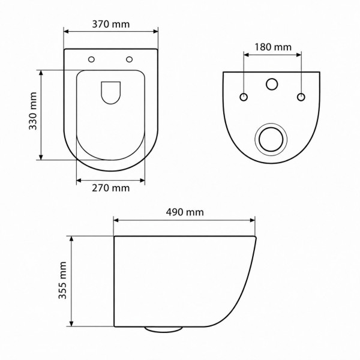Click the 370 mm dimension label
[111, 25]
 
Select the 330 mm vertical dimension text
[33, 111]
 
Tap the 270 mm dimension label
[111, 188]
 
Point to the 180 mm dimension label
[273, 47]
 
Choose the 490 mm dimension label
[185, 212]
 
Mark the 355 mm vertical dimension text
[62, 280]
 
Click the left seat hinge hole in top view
[91, 59]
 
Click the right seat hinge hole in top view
[129, 59]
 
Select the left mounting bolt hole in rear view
[244, 97]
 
